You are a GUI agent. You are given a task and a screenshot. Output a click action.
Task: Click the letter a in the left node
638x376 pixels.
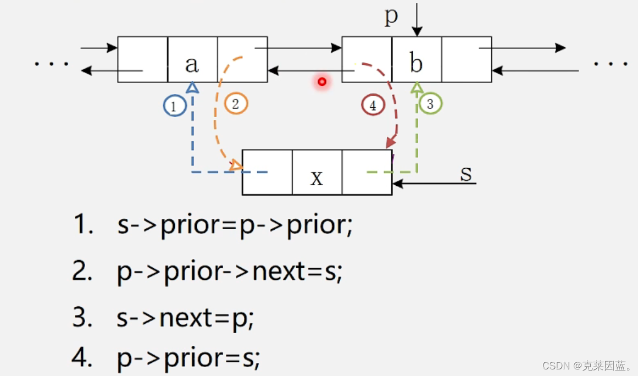[x=192, y=64]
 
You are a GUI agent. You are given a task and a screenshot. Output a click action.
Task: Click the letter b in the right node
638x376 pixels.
[x=416, y=64]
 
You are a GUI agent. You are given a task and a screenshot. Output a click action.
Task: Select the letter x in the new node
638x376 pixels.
[x=317, y=178]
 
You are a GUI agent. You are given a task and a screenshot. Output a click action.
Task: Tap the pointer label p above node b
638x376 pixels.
[x=391, y=16]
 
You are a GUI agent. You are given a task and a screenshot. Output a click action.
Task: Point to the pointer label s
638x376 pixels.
[x=466, y=173]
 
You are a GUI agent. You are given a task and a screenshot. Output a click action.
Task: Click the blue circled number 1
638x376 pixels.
[x=174, y=106]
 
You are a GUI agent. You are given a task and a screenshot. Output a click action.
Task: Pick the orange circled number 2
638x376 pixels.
[x=236, y=103]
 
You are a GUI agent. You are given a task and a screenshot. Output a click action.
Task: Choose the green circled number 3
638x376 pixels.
[x=430, y=103]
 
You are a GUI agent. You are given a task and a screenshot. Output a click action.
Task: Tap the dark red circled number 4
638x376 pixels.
[x=373, y=106]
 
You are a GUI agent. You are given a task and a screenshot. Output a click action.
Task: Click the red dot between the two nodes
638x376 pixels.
[x=322, y=82]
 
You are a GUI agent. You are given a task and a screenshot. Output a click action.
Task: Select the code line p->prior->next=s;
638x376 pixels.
[x=230, y=272]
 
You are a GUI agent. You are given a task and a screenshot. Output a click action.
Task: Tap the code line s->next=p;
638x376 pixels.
[x=186, y=318]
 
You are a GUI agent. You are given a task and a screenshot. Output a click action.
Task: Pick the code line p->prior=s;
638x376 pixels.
[x=188, y=358]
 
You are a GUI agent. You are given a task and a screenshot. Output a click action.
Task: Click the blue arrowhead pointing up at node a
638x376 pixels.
[x=192, y=87]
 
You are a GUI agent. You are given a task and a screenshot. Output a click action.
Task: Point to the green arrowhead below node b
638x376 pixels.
[x=417, y=87]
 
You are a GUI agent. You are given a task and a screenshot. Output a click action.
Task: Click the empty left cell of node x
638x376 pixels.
[x=267, y=172]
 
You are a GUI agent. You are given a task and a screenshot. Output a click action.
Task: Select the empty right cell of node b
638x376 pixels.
[x=467, y=59]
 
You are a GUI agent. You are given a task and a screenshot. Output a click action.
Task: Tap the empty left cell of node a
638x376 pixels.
[x=142, y=59]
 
